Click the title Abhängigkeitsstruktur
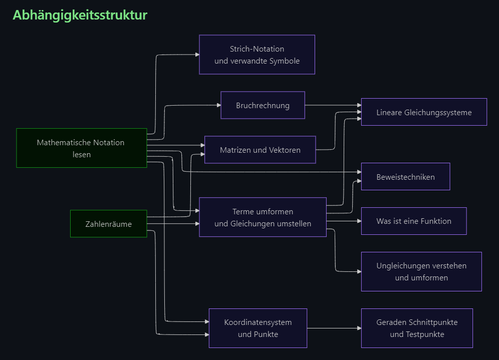click(80, 15)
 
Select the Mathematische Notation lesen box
click(82, 148)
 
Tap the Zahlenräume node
click(109, 224)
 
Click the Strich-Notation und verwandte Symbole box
click(257, 55)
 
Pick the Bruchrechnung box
click(263, 105)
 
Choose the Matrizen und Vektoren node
click(260, 150)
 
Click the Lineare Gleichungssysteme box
click(424, 112)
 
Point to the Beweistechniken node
click(405, 177)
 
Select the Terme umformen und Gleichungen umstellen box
click(263, 217)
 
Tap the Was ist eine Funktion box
click(414, 221)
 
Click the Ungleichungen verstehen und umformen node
click(421, 271)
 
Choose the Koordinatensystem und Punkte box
click(258, 328)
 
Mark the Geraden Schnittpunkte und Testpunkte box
click(417, 328)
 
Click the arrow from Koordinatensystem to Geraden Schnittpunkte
click(334, 328)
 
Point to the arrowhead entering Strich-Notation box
click(197, 55)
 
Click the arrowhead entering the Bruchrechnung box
click(219, 105)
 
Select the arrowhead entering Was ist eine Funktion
click(359, 221)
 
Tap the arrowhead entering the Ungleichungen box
click(359, 271)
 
